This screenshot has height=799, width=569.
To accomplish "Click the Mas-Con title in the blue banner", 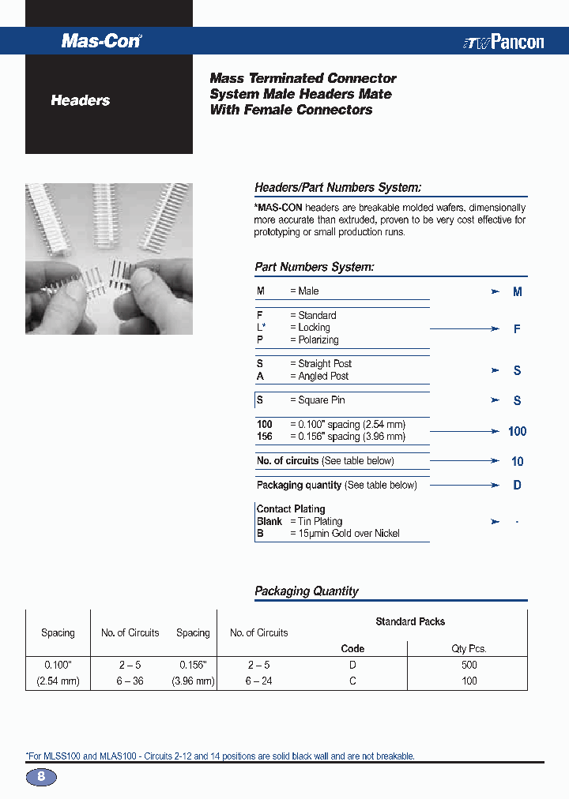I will (x=101, y=42).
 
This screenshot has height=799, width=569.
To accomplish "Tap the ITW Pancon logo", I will (x=503, y=43).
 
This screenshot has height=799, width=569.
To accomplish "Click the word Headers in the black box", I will (x=80, y=100).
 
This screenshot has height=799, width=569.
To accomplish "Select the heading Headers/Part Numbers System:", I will (x=337, y=188).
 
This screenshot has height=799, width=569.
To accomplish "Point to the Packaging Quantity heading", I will (x=306, y=591).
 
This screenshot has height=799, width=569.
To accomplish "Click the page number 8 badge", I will (x=42, y=777).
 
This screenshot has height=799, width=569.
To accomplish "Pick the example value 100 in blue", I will (x=517, y=431).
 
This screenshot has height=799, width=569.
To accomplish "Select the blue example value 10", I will (x=517, y=461).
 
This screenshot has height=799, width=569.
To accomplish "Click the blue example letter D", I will (x=517, y=485).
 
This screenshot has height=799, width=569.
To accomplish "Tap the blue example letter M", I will (x=517, y=291).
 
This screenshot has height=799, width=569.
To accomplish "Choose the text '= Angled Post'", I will (x=319, y=377).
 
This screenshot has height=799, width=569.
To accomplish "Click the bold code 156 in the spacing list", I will (x=265, y=437).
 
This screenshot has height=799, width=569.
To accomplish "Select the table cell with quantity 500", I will (x=469, y=665).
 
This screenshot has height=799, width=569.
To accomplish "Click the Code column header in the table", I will (x=352, y=648).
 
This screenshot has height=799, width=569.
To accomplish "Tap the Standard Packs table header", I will (x=410, y=621).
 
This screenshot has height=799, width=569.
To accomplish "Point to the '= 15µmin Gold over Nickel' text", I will (x=345, y=534).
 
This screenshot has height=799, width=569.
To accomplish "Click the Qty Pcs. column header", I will (x=469, y=648).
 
